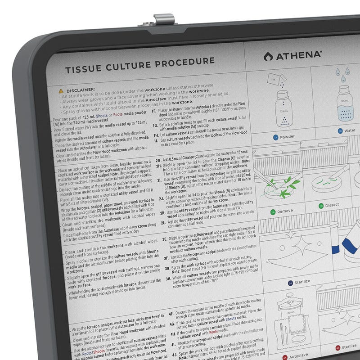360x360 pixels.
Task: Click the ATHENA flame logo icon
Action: click(268, 56)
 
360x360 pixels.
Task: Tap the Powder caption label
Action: click(288, 137)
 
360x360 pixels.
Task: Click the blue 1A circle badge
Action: click(275, 137)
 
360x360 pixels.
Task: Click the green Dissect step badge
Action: click(321, 206)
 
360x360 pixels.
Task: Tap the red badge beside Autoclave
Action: click(284, 358)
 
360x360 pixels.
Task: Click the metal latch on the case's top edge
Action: click(164, 20)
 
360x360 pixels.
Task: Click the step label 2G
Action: click(159, 160)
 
